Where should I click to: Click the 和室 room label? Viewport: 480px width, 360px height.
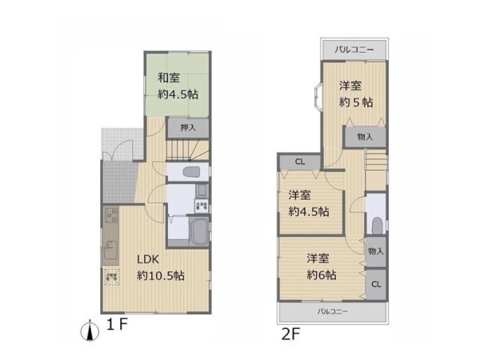click(x=167, y=78)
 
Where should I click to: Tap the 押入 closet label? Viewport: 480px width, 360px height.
click(x=188, y=127)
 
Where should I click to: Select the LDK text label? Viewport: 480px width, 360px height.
click(x=149, y=259)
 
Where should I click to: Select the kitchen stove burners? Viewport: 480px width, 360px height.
click(x=110, y=215)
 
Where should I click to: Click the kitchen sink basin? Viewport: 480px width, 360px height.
click(x=110, y=247)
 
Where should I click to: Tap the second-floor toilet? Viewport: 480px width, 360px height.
click(x=376, y=223)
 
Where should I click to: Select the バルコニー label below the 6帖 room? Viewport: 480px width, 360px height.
click(x=333, y=311)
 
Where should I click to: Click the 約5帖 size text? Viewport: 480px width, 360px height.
click(x=355, y=102)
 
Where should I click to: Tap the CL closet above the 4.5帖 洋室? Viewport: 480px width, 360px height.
click(x=300, y=162)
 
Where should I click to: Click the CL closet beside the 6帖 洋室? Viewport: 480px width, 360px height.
click(x=375, y=284)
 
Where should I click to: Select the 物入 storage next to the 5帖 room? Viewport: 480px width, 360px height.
click(x=365, y=137)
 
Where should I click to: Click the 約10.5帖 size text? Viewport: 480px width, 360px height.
click(x=161, y=275)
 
